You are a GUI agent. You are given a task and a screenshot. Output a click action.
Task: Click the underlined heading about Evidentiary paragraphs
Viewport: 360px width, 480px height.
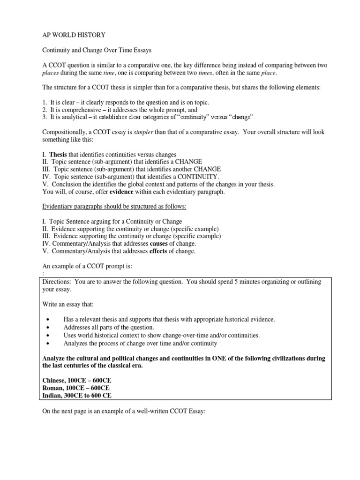click(x=111, y=206)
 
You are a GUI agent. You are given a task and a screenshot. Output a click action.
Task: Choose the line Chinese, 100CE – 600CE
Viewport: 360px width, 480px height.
click(x=77, y=381)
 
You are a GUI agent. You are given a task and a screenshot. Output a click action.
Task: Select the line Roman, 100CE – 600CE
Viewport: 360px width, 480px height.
click(x=76, y=388)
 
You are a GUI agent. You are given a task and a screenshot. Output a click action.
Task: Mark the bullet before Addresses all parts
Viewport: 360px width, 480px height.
click(x=49, y=328)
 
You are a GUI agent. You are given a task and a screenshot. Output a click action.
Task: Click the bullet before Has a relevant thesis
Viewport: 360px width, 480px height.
click(x=49, y=320)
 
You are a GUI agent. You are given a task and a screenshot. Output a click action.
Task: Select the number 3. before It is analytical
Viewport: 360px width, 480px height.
click(x=45, y=117)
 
